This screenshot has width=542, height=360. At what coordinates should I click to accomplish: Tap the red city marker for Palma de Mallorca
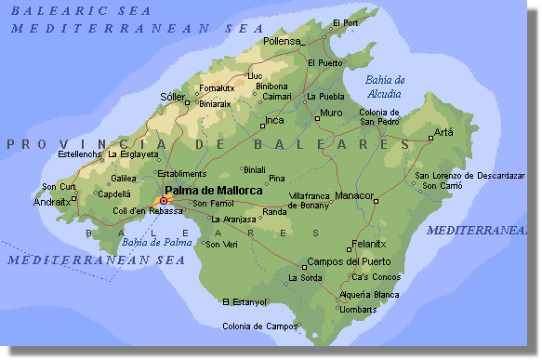(164, 200)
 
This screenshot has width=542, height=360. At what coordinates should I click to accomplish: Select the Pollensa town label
(283, 41)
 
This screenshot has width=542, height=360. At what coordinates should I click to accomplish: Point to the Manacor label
(353, 195)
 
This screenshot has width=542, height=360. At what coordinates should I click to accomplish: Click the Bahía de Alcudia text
(384, 87)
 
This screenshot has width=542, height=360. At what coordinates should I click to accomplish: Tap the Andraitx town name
(51, 201)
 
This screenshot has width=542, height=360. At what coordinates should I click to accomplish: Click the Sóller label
(172, 96)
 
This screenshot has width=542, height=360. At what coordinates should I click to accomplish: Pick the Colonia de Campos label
(258, 326)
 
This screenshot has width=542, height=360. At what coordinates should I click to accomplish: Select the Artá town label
(443, 132)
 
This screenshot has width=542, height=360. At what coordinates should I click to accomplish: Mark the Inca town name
(274, 120)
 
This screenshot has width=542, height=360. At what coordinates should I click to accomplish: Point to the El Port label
(346, 22)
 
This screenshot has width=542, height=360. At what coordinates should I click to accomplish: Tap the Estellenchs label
(79, 153)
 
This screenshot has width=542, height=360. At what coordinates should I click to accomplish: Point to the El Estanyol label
(245, 301)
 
